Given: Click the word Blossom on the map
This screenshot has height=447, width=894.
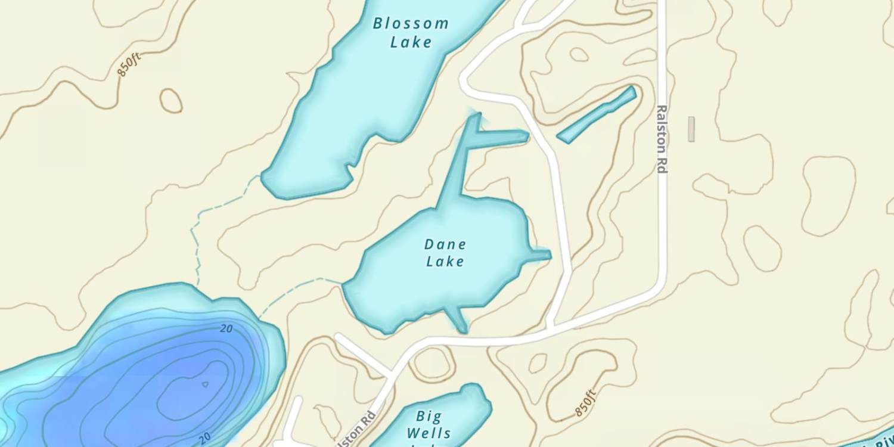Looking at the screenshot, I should tap(411, 24).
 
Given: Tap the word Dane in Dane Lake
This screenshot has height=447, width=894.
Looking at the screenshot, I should tap(445, 244).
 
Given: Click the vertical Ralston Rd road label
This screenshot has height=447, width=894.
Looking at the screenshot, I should tap(661, 139).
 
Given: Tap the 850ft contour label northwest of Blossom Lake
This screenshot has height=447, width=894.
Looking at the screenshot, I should tap(129, 64).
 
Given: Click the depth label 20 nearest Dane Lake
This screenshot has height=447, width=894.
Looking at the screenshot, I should tap(226, 328).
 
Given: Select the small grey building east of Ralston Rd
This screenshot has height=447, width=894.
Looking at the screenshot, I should tap(691, 129).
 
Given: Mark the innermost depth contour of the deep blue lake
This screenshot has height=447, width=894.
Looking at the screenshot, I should tap(205, 384).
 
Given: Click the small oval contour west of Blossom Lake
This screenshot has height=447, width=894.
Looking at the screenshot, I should tap(170, 100).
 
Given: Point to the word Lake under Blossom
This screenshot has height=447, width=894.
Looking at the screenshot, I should tap(411, 42).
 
